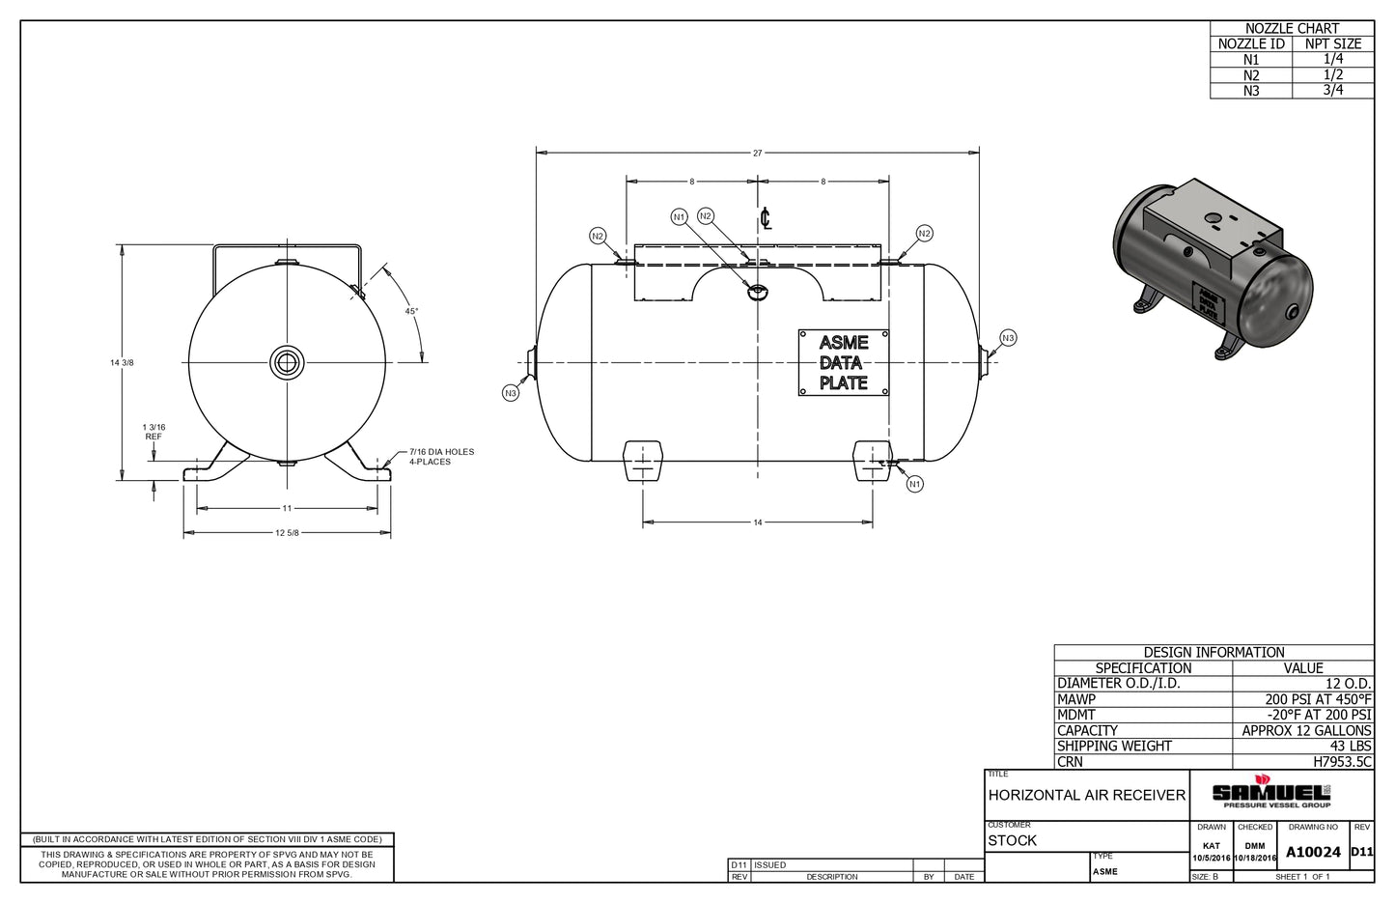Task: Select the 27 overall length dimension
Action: coord(758,153)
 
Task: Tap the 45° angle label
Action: coord(411,311)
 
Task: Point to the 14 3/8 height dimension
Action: coord(122,362)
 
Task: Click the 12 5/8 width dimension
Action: coord(288,533)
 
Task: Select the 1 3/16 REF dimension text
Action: coord(153,431)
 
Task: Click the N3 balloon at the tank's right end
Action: coord(1008,337)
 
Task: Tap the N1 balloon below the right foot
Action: coord(915,483)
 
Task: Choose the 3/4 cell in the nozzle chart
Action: coord(1332,90)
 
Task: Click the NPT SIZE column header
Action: coord(1332,43)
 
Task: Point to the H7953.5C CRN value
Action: coord(1342,761)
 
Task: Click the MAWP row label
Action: coord(1076,699)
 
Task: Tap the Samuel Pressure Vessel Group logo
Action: coord(1275,792)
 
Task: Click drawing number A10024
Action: coord(1313,852)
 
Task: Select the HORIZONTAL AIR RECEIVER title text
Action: coord(1086,795)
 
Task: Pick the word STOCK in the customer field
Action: coord(1012,840)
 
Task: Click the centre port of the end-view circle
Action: coord(287,362)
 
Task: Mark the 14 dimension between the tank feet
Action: coord(758,522)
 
